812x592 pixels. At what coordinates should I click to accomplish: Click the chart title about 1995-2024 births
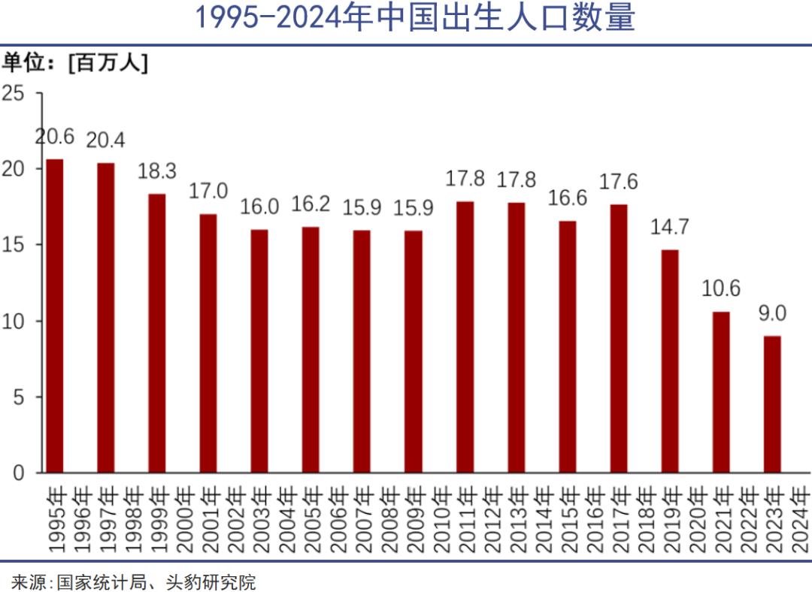point(415,18)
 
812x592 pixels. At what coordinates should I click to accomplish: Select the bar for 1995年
point(55,316)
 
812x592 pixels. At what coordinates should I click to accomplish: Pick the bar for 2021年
point(721,391)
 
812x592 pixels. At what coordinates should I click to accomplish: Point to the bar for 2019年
point(670,361)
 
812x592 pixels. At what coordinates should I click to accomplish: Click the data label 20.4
point(105,140)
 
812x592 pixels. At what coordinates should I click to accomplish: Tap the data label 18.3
point(156,171)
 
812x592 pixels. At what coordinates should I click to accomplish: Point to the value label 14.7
point(669,227)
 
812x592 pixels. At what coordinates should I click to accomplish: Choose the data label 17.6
point(619,183)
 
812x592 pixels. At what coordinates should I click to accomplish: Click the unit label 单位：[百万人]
point(74,63)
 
